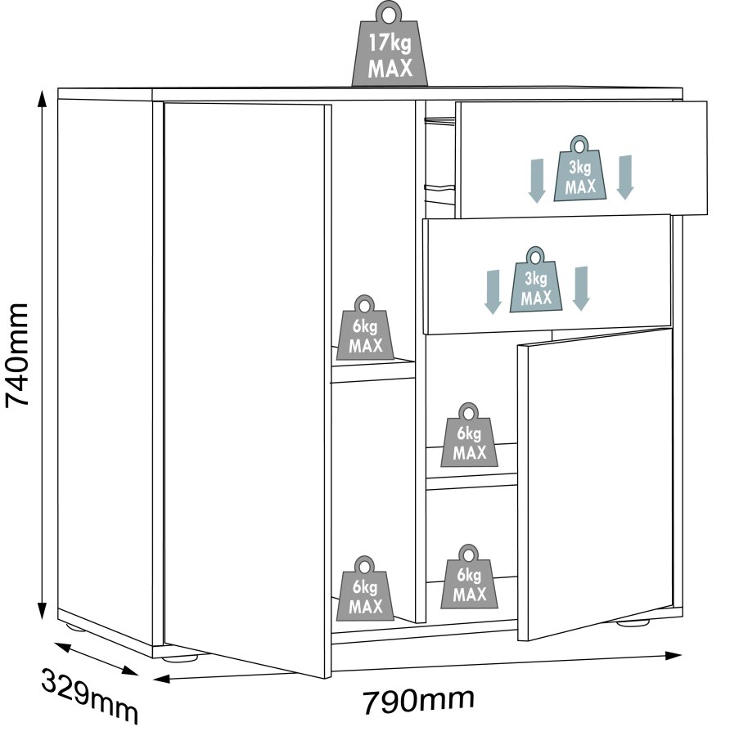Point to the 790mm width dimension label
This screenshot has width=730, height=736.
(418, 700)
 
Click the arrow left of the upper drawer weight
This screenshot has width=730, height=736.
(537, 180)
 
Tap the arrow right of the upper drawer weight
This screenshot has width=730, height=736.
(624, 176)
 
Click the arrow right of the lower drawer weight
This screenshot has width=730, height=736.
(581, 288)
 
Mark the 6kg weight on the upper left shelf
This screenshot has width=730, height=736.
(365, 329)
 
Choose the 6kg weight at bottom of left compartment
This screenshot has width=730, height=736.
(365, 588)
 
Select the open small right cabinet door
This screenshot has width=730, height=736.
(596, 482)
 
